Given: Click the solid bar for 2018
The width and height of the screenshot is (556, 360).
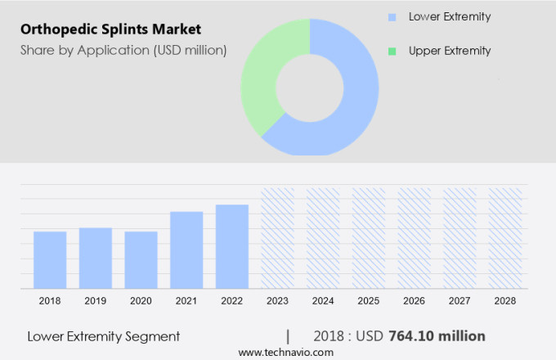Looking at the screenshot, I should (50, 259).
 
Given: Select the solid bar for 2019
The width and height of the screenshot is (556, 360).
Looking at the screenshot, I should (96, 258).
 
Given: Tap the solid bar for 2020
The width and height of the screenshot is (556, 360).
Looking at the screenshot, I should (141, 259).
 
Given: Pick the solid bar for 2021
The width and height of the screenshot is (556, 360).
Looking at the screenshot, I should (186, 250).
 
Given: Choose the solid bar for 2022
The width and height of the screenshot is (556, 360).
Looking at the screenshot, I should (232, 246).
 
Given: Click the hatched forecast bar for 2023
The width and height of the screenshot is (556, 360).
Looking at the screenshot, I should (277, 238).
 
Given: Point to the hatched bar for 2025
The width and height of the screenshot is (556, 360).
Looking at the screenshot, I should (369, 238).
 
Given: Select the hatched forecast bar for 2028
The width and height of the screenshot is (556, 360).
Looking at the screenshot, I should (505, 238).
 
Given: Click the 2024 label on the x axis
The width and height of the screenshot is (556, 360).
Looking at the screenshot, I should (323, 301).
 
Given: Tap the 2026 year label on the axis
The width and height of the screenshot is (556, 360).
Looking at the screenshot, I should (414, 301).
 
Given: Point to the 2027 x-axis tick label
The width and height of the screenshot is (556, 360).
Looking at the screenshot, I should (460, 301).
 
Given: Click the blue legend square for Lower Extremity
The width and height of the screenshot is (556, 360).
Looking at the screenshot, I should (392, 17).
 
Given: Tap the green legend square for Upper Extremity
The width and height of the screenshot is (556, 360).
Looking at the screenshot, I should (392, 51).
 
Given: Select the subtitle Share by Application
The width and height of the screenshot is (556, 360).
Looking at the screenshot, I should (123, 51).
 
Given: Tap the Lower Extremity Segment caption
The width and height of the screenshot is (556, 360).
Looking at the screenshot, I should (103, 336).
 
